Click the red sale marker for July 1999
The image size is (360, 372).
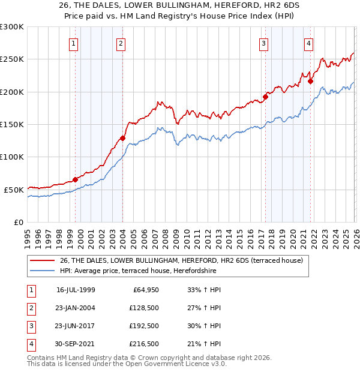point(75,179)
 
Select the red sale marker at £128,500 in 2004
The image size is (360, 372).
point(122,138)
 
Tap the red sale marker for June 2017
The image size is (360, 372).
point(265,97)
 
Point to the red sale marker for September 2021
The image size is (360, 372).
point(310,81)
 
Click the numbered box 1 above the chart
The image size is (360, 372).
point(73,43)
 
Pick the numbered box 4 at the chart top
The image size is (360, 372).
point(308,43)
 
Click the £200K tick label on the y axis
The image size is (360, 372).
point(12,92)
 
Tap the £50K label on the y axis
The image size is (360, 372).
point(14,190)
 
